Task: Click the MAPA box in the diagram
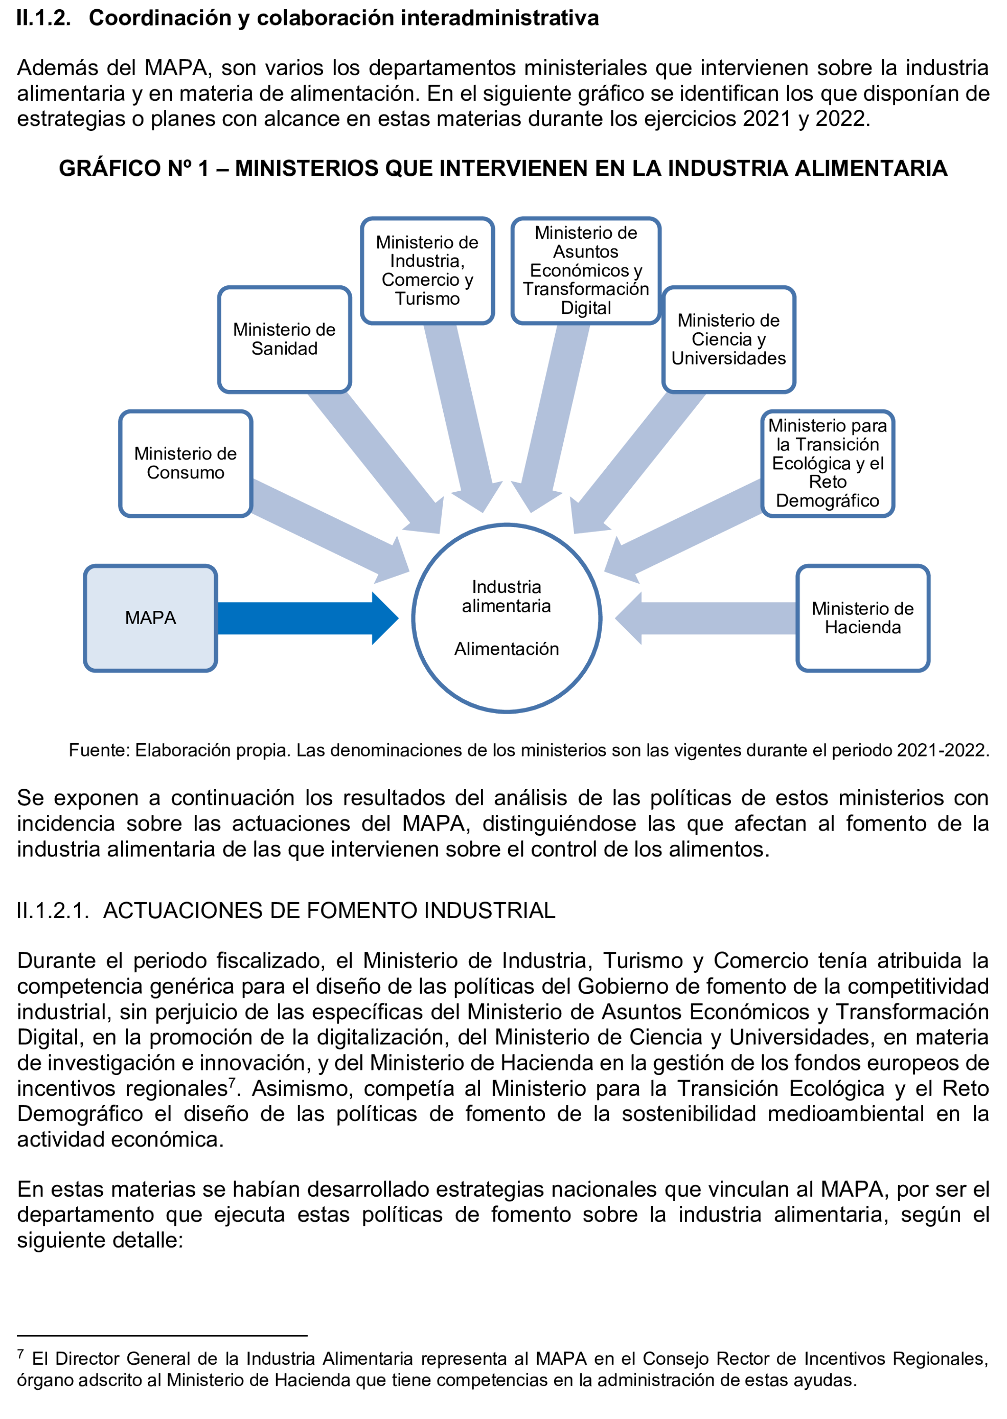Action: click(x=150, y=617)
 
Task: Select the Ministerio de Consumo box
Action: click(x=186, y=463)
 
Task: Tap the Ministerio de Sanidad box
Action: click(x=284, y=339)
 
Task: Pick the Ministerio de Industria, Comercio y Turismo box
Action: click(x=427, y=270)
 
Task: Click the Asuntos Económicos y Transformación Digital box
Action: click(x=585, y=270)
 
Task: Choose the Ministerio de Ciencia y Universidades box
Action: click(x=728, y=339)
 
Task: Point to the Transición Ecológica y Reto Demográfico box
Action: click(x=827, y=463)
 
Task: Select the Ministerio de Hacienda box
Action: click(x=862, y=617)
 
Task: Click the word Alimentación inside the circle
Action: click(x=506, y=649)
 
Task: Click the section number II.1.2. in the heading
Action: click(x=43, y=18)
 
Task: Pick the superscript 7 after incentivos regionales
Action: click(x=232, y=1082)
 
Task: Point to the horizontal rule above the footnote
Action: click(x=162, y=1335)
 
